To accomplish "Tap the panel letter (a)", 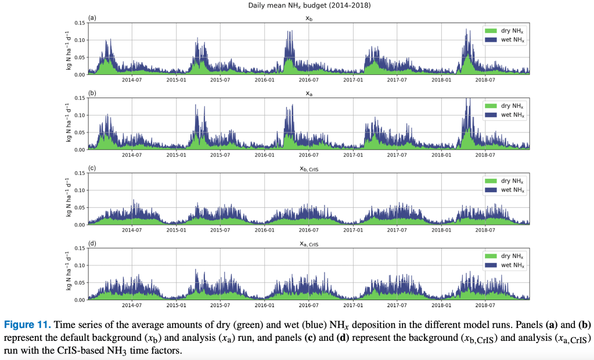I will coord(92,18).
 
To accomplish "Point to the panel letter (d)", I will coord(92,243).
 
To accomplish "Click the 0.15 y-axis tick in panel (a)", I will coord(79,23).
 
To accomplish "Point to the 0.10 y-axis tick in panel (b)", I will coord(79,116).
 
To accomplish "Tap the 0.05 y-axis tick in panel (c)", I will coord(79,207).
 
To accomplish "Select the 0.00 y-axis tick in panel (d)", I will coord(79,300).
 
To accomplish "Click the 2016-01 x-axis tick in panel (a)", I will coord(264,80).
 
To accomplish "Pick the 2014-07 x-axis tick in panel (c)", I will coord(132,230).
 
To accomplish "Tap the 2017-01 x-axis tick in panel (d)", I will coord(352,305).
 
